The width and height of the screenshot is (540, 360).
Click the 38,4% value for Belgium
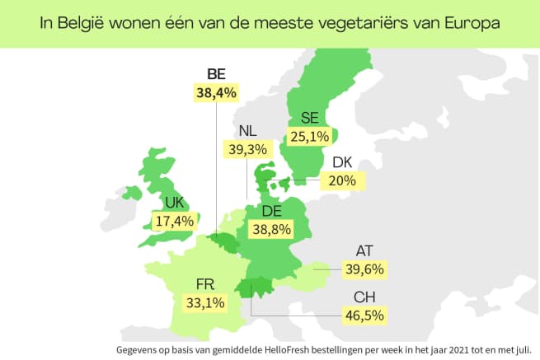pyautogui.click(x=216, y=92)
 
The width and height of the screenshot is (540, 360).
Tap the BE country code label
pyautogui.click(x=216, y=74)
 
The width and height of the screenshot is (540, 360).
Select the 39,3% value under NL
pyautogui.click(x=247, y=149)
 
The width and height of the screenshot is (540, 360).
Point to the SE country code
pyautogui.click(x=310, y=118)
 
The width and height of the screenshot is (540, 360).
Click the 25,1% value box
pyautogui.click(x=310, y=137)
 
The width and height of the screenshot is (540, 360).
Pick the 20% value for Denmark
pyautogui.click(x=342, y=180)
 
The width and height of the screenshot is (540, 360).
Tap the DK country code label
pyautogui.click(x=342, y=162)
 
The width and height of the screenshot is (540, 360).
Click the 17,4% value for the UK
pyautogui.click(x=175, y=222)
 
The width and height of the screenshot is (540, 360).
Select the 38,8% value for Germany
pyautogui.click(x=272, y=229)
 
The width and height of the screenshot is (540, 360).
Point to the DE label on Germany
pyautogui.click(x=272, y=211)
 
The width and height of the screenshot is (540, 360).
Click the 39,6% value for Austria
pyautogui.click(x=364, y=269)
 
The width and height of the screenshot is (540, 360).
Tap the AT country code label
pyautogui.click(x=364, y=251)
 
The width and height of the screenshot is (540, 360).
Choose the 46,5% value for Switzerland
pyautogui.click(x=364, y=316)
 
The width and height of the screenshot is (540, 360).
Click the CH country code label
pyautogui.click(x=364, y=297)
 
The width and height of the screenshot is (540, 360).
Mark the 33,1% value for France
pyautogui.click(x=205, y=303)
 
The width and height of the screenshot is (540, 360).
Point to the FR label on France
pyautogui.click(x=205, y=285)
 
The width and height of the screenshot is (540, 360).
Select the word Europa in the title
pyautogui.click(x=472, y=23)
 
